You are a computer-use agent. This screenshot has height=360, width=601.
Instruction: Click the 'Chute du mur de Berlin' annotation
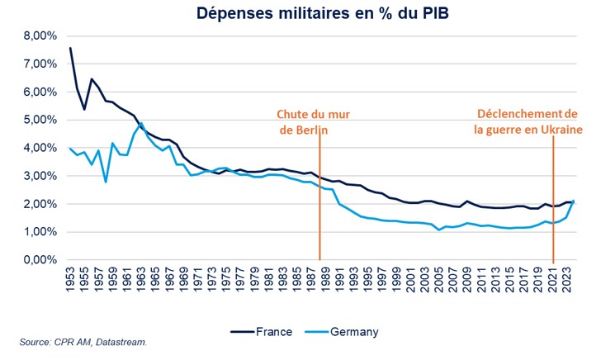(x=307, y=121)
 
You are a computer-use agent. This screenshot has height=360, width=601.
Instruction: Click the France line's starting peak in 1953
(x=70, y=48)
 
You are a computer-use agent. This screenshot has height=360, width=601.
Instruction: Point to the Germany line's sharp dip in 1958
(x=106, y=182)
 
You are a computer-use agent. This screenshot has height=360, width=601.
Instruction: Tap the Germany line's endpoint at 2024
(x=574, y=201)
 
